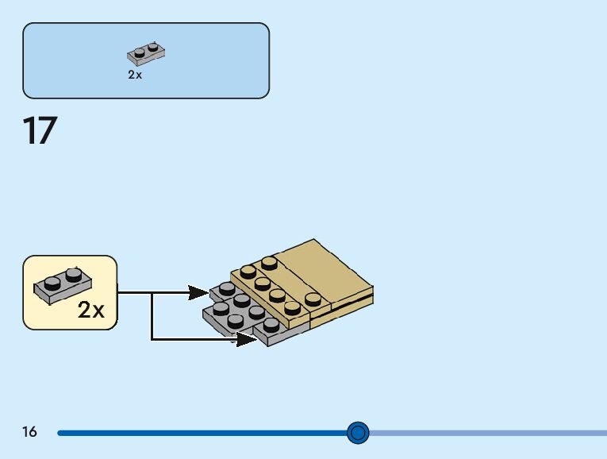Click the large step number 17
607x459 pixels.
point(40,131)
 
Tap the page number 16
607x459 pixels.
point(29,432)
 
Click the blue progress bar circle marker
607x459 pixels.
point(359,432)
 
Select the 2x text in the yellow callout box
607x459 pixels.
point(91,310)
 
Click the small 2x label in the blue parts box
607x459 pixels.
point(135,75)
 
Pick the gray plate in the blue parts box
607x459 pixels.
point(146,53)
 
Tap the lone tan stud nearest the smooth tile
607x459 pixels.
point(313,299)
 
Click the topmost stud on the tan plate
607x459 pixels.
point(270,261)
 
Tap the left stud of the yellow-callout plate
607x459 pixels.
point(52,281)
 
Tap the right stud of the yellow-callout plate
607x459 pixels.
point(73,275)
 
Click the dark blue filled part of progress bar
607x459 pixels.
point(198,433)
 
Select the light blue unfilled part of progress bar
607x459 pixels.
point(484,433)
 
